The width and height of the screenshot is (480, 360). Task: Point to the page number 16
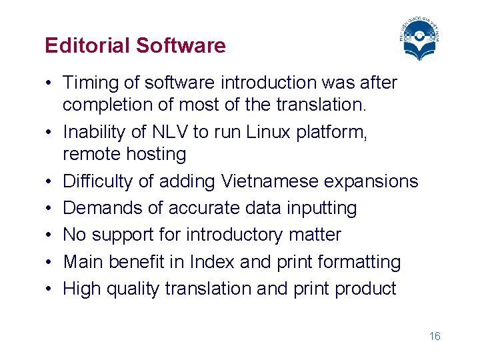coord(435,336)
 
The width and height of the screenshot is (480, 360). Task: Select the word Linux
coord(271,133)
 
